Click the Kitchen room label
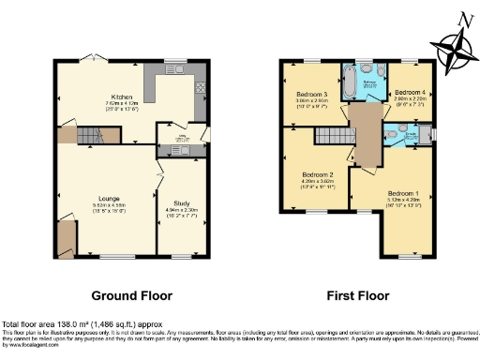pyautogui.click(x=120, y=97)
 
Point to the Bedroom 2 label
pyautogui.click(x=317, y=175)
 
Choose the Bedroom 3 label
pyautogui.click(x=311, y=96)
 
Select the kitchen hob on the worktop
pyautogui.click(x=201, y=88)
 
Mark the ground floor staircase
pyautogui.click(x=94, y=136)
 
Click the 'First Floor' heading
pyautogui.click(x=357, y=294)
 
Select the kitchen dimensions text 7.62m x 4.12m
pyautogui.click(x=120, y=104)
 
